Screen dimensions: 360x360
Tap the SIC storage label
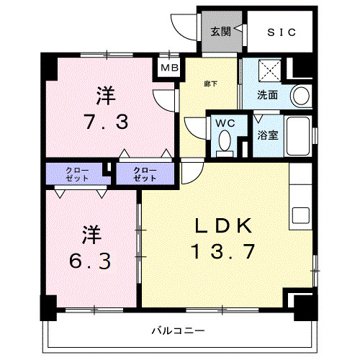pyautogui.click(x=277, y=32)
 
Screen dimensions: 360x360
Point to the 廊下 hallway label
pyautogui.click(x=210, y=84)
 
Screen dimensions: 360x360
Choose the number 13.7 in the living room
pyautogui.click(x=222, y=252)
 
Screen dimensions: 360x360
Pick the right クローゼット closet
pyautogui.click(x=144, y=174)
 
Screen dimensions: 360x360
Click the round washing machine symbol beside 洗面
pyautogui.click(x=301, y=95)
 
